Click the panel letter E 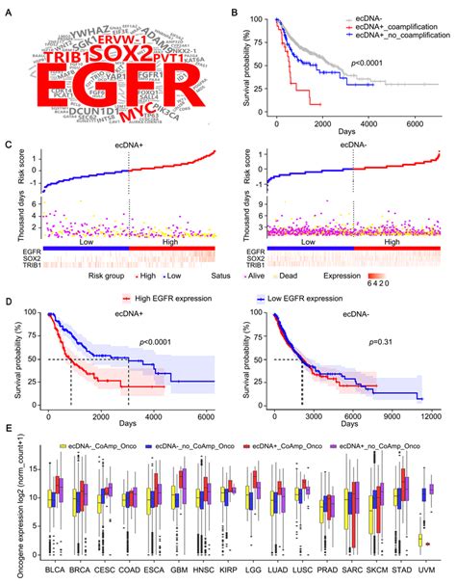point(8,437)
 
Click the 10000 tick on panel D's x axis point(429,421)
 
